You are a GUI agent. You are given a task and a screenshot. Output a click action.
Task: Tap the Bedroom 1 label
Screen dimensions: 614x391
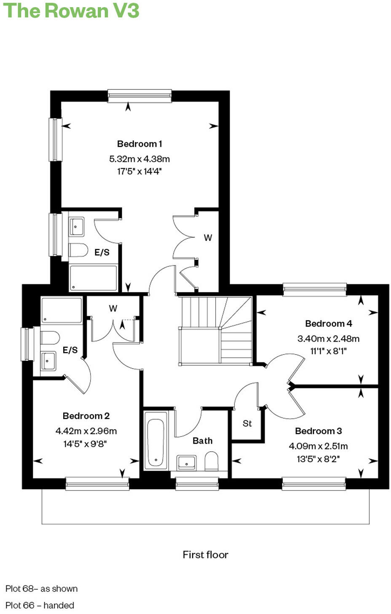pyautogui.click(x=139, y=144)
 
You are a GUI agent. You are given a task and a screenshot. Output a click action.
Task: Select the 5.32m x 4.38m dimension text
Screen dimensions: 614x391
pyautogui.click(x=139, y=159)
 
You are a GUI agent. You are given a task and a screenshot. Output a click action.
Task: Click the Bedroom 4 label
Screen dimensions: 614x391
pyautogui.click(x=328, y=323)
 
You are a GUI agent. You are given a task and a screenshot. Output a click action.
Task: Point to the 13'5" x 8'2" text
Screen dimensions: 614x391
pyautogui.click(x=318, y=459)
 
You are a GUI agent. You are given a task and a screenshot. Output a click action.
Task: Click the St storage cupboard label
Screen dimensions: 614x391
pyautogui.click(x=247, y=423)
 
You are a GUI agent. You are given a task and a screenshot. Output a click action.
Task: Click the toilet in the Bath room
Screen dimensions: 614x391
pyautogui.click(x=211, y=461)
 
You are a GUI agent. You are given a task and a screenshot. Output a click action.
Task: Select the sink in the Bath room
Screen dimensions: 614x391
pyautogui.click(x=186, y=462)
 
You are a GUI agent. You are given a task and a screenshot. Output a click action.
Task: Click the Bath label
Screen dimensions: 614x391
pyautogui.click(x=203, y=441)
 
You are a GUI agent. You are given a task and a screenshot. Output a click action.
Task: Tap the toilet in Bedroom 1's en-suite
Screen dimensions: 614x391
pyautogui.click(x=78, y=250)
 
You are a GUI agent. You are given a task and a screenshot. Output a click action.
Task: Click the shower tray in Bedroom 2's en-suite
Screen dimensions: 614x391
pyautogui.click(x=62, y=310)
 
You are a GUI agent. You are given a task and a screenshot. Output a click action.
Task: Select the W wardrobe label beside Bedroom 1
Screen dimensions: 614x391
pyautogui.click(x=208, y=238)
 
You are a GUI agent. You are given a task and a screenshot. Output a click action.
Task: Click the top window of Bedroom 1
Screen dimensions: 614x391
pyautogui.click(x=139, y=96)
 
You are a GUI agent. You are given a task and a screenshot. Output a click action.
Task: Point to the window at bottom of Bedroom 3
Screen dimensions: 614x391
pyautogui.click(x=314, y=484)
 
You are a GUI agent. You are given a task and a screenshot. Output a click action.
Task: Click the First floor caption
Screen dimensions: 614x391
pyautogui.click(x=205, y=555)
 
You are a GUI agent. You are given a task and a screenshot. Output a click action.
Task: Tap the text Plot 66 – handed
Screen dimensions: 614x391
pyautogui.click(x=40, y=605)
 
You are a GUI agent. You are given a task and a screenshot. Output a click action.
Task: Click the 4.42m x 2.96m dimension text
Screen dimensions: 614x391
pyautogui.click(x=86, y=431)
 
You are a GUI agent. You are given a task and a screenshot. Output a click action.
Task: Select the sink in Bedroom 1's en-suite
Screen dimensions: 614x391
pyautogui.click(x=76, y=227)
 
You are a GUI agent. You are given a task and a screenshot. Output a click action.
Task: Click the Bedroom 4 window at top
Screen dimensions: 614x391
pyautogui.click(x=315, y=289)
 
